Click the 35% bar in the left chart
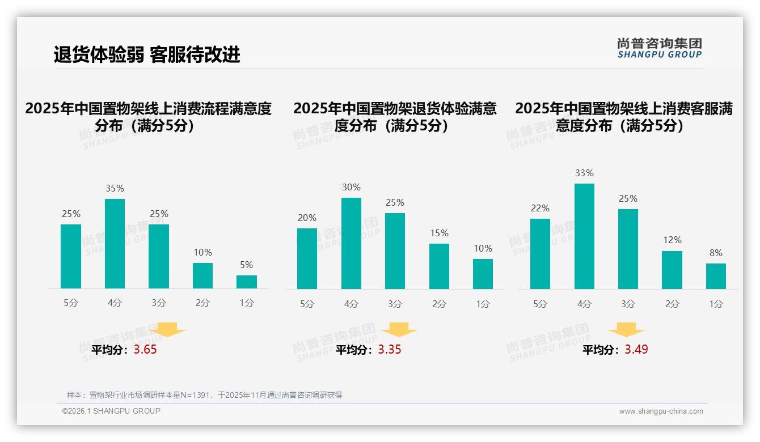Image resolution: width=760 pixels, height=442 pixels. (115, 244)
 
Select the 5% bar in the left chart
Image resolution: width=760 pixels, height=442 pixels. (247, 282)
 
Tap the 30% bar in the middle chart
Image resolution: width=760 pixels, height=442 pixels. (351, 243)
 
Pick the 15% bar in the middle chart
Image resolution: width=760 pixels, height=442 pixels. (439, 266)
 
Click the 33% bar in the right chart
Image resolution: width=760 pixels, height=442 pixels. (584, 236)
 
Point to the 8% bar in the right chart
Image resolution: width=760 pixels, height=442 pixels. (716, 276)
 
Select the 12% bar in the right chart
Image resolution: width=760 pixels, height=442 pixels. (672, 270)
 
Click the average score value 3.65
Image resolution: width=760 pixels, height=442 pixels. (145, 350)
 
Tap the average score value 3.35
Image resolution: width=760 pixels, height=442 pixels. (390, 350)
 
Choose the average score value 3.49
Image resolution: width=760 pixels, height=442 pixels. (636, 350)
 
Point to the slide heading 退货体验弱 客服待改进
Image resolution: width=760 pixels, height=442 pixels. (147, 54)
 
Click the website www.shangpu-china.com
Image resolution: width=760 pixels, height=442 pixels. (661, 411)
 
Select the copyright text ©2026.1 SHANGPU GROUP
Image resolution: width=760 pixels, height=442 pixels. (111, 411)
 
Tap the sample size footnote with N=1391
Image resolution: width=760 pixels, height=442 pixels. (204, 395)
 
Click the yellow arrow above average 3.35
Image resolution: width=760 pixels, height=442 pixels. (399, 330)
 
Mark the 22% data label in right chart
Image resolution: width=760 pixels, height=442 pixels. (541, 209)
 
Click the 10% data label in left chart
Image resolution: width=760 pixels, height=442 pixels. (202, 253)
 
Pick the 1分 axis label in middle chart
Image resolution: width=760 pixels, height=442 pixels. (483, 304)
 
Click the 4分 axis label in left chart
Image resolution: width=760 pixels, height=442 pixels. (115, 303)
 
